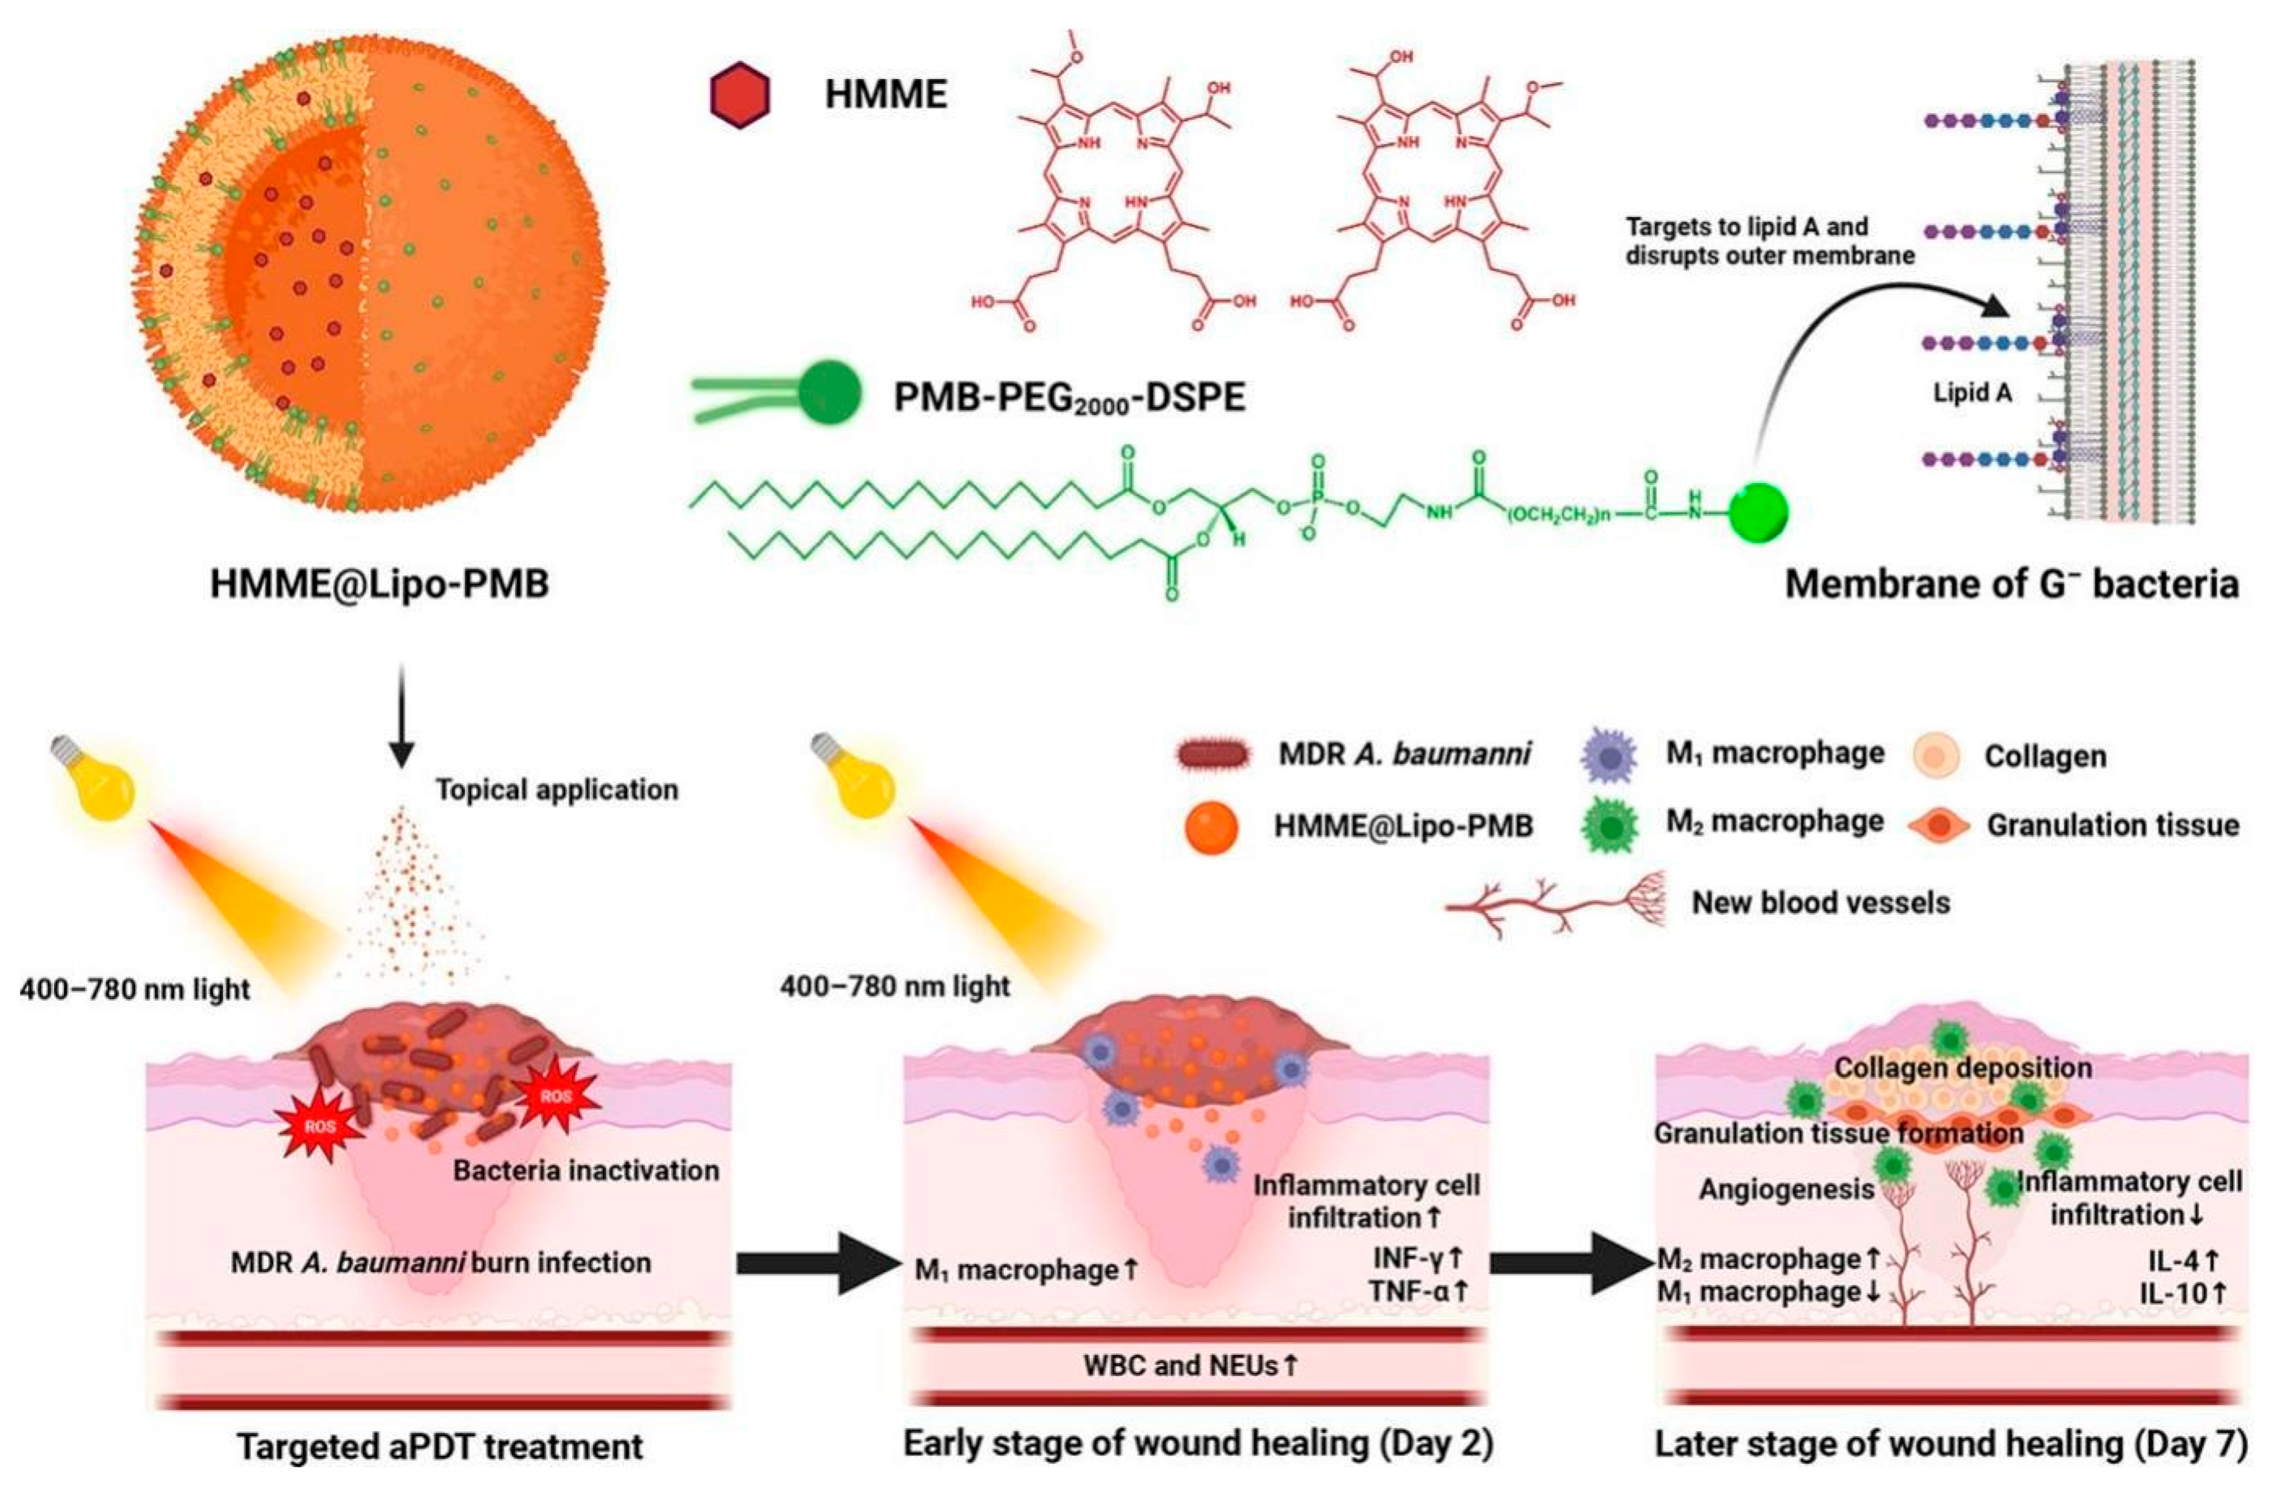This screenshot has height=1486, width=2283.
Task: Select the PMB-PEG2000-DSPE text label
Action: [1069, 396]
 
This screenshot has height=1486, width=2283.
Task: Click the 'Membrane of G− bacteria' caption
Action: [2012, 584]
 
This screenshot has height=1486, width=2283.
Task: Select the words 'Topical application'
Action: [557, 790]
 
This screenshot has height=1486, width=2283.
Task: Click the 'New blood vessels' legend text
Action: [1820, 903]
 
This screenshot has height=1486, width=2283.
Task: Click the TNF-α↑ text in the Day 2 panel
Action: [1418, 1292]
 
